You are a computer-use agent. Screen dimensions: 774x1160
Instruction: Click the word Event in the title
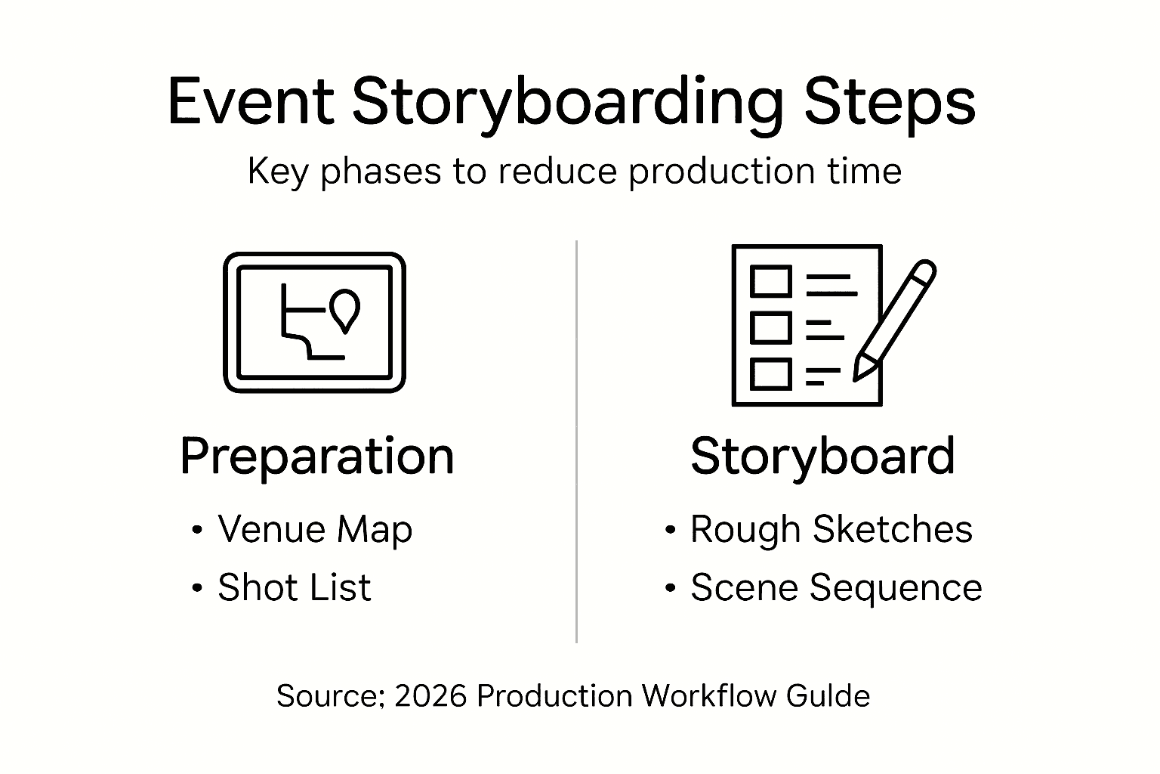click(250, 101)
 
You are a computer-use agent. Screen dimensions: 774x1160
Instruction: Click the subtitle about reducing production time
click(574, 172)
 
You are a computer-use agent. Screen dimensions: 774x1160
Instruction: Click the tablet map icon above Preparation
click(314, 323)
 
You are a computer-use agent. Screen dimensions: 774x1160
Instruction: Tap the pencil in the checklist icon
click(894, 320)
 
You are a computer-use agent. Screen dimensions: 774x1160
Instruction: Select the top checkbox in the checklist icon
click(770, 281)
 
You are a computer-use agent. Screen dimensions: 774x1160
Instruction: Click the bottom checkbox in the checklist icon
click(770, 374)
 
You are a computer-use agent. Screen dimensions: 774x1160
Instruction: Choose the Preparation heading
click(316, 457)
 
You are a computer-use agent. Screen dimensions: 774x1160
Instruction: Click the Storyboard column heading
click(822, 457)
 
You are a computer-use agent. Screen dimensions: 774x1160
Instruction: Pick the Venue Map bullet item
click(314, 529)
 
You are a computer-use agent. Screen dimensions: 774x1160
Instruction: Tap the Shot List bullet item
click(294, 588)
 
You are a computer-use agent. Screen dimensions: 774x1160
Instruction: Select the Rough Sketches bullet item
click(831, 529)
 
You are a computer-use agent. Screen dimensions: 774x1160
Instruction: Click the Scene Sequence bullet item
click(836, 588)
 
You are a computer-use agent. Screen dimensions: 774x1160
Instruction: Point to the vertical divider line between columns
click(576, 442)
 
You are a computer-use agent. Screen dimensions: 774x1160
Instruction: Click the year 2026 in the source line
click(430, 695)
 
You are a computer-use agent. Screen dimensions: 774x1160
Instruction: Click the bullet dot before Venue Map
click(197, 530)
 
